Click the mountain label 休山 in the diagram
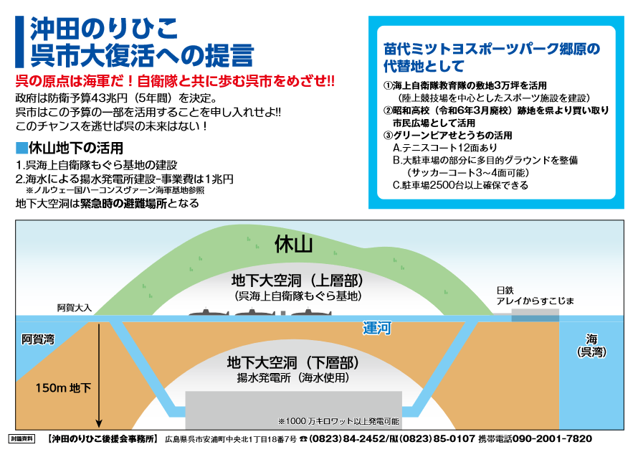(x=294, y=245)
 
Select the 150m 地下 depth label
(x=64, y=388)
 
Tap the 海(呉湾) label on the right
(x=592, y=345)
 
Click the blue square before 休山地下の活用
(x=21, y=149)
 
